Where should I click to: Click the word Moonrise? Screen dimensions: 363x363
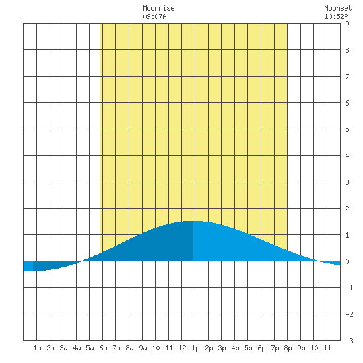[158, 8]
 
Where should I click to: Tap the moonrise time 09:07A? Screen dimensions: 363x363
[154, 16]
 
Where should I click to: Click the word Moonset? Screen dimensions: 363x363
[338, 8]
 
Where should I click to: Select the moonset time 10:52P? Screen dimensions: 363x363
[336, 16]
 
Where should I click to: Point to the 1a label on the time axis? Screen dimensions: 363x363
[37, 348]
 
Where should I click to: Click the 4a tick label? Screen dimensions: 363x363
[77, 348]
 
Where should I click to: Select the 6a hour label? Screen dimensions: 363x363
[103, 348]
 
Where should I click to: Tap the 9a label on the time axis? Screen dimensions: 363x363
[143, 348]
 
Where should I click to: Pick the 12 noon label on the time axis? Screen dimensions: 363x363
[182, 348]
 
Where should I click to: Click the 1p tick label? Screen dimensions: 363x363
[195, 348]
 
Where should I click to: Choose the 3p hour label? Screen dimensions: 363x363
[222, 348]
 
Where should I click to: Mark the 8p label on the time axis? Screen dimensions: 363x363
[288, 348]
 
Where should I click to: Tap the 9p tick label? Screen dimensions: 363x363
[301, 348]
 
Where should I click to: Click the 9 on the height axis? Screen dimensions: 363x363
[347, 24]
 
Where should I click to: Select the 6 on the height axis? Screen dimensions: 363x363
[347, 103]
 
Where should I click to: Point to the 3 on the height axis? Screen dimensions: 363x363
[347, 182]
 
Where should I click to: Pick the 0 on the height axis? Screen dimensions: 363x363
[347, 261]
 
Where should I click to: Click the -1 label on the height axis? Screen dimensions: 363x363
[349, 288]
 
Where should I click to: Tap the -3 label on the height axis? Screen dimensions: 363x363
[349, 341]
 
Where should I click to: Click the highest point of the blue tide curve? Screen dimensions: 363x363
[193, 221]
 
